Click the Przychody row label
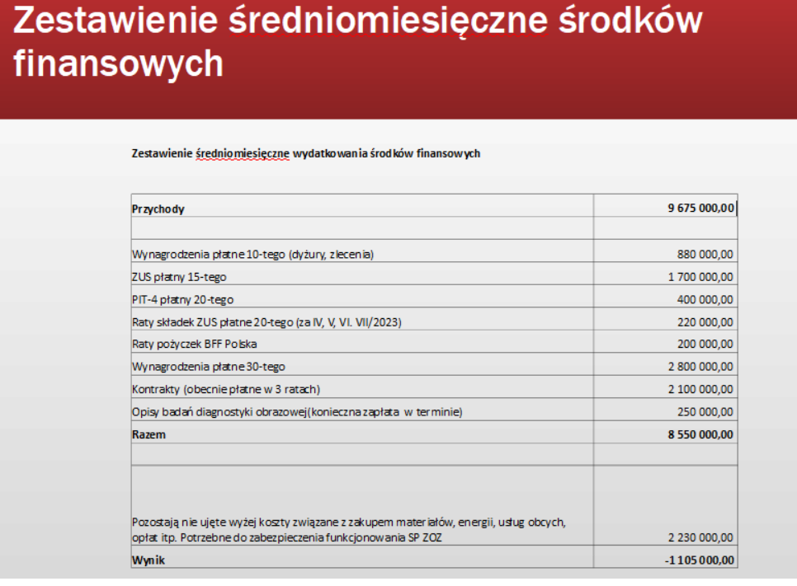(158, 209)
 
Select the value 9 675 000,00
(700, 209)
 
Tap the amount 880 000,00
(705, 255)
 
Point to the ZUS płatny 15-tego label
(179, 277)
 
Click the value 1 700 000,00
(700, 277)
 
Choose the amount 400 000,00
(705, 299)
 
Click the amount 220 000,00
(705, 321)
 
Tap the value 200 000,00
(705, 344)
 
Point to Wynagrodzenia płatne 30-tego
(209, 366)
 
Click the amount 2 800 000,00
(700, 366)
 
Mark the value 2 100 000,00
(700, 388)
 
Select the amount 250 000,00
(705, 411)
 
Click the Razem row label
(149, 434)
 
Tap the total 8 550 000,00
(700, 434)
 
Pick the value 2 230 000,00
(700, 538)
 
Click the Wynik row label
(148, 560)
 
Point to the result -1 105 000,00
(699, 560)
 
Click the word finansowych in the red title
(118, 63)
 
